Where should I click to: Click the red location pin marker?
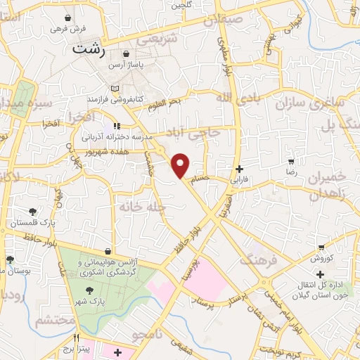pyautogui.click(x=181, y=165)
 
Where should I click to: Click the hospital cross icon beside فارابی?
pyautogui.click(x=240, y=169)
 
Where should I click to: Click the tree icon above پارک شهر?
pyautogui.click(x=89, y=290)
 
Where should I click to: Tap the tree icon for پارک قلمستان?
pyautogui.click(x=32, y=212)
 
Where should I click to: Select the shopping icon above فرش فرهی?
pyautogui.click(x=67, y=18)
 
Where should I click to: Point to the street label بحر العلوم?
pyautogui.click(x=165, y=103)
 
